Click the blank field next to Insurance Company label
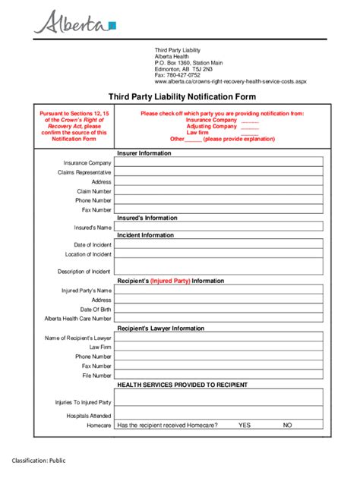(219, 162)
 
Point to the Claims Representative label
(84, 172)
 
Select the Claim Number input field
(219, 191)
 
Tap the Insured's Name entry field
(219, 227)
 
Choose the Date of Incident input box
(219, 244)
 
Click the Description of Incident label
(84, 271)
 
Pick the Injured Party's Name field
(219, 290)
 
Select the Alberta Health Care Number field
(219, 319)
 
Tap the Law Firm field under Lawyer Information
(219, 347)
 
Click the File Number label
(97, 376)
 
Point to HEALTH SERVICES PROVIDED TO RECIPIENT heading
(182, 385)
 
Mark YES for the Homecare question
(244, 426)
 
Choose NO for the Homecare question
(288, 426)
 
